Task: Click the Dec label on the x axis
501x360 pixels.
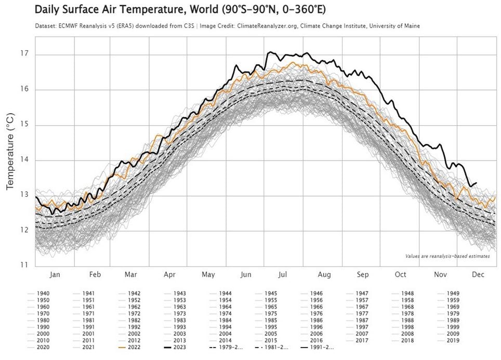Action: (x=478, y=274)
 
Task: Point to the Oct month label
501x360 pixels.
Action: (x=400, y=274)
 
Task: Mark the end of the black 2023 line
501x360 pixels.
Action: (x=477, y=183)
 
